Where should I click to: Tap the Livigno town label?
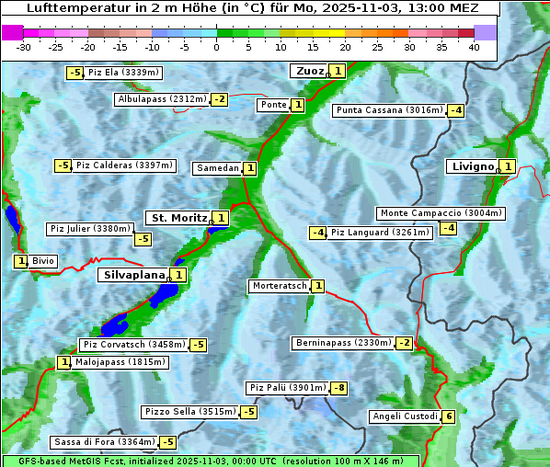(x=473, y=166)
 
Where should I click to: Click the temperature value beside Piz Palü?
(x=339, y=388)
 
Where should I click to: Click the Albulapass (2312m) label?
(x=161, y=99)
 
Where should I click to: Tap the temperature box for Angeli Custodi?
(x=448, y=416)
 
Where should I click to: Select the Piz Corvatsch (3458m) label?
(x=133, y=345)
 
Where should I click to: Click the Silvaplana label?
(x=133, y=274)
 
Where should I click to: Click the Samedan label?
(x=217, y=168)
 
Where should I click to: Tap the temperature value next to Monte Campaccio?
(x=448, y=228)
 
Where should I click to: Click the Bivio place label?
(x=43, y=261)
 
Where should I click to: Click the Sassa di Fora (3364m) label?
(x=103, y=442)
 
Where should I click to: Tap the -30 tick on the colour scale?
(x=24, y=47)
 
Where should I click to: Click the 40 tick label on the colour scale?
(x=474, y=47)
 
